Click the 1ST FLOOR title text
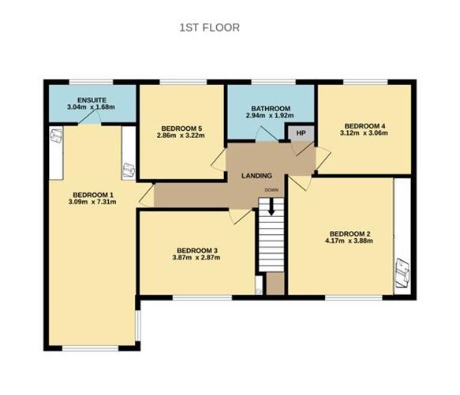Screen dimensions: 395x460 [210, 28]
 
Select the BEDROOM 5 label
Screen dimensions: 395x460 [181, 128]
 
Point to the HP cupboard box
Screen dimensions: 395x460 [300, 133]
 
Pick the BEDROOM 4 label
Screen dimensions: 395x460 [365, 125]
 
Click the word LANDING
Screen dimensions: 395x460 [257, 176]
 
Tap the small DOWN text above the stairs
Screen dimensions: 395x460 [271, 191]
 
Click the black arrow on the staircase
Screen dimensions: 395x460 [272, 207]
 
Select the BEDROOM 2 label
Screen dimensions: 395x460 [350, 233]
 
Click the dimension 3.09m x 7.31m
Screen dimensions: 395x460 [94, 203]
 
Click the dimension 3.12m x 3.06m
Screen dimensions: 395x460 [365, 132]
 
